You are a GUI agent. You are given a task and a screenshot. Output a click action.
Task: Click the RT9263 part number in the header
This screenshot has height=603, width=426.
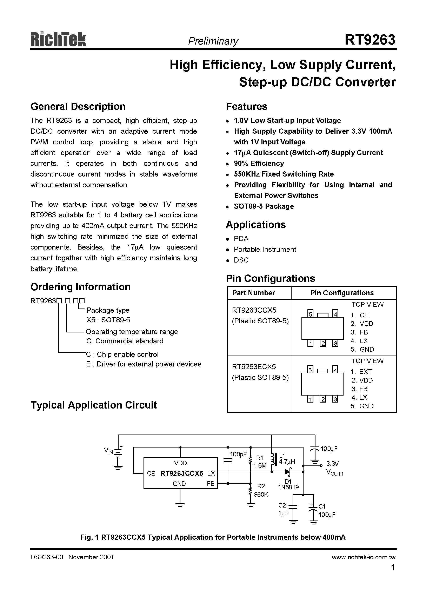click(370, 40)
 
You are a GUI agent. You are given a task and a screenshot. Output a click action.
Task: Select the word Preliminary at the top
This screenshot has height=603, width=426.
click(213, 41)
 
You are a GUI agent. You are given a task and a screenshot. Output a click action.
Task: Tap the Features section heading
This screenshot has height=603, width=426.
click(246, 106)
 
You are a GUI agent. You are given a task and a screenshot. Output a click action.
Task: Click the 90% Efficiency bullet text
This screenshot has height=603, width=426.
click(259, 163)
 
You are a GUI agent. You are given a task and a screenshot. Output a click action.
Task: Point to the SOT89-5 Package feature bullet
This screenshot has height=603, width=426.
click(264, 206)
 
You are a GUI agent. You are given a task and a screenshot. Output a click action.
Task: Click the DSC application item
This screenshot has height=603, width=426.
click(241, 260)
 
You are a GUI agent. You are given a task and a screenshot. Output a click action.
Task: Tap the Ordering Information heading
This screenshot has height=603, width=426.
click(80, 287)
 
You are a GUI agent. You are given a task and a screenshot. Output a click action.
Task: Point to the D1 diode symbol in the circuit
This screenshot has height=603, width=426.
click(288, 472)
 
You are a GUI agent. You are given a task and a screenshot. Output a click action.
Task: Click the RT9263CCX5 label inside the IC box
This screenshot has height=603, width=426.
click(182, 473)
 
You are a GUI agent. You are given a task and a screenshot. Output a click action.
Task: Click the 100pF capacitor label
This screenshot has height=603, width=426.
click(238, 454)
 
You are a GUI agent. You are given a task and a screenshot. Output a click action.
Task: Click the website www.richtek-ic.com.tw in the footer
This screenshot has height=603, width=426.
click(363, 557)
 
